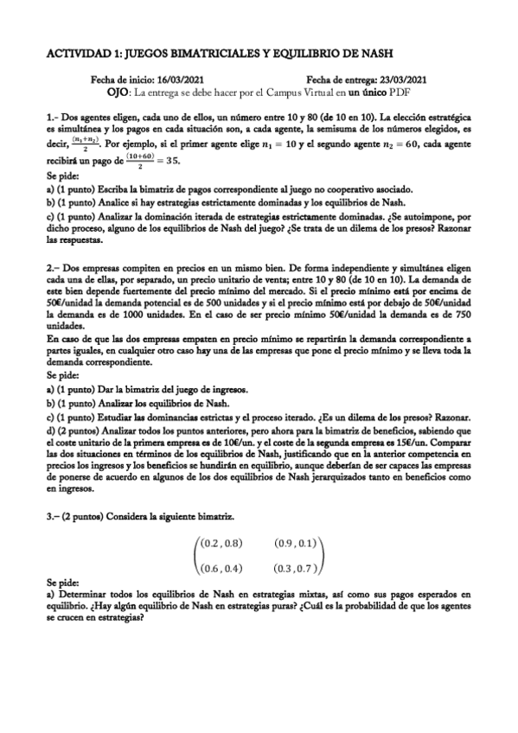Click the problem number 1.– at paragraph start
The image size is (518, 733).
click(52, 117)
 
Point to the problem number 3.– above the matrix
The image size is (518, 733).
click(53, 515)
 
